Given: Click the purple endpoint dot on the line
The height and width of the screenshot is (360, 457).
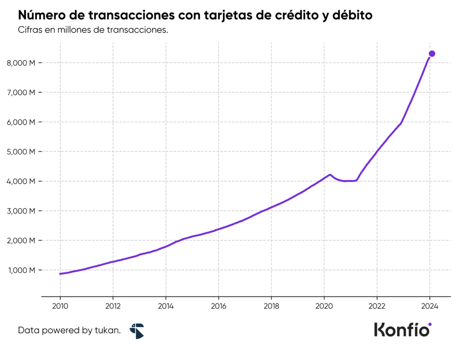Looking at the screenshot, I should click(x=432, y=54).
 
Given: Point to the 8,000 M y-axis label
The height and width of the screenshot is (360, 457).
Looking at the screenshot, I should click(x=21, y=63).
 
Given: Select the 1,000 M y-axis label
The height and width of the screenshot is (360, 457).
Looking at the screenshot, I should click(x=21, y=270).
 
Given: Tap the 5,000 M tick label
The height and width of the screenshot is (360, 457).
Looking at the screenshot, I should click(x=21, y=152).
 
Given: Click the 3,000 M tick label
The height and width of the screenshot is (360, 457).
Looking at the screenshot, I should click(x=21, y=211).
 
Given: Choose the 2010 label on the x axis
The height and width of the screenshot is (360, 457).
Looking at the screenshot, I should click(x=60, y=306).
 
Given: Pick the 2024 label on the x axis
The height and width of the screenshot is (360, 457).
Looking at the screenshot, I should click(x=429, y=306).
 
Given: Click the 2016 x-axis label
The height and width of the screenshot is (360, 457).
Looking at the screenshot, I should click(x=219, y=306).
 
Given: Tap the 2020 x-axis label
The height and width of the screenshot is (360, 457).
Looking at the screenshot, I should click(x=324, y=306).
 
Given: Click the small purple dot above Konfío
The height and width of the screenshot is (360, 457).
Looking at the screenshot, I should click(x=430, y=324).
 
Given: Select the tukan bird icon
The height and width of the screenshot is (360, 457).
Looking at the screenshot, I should click(x=137, y=331).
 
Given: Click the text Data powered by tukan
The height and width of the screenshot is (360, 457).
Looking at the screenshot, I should click(x=69, y=331).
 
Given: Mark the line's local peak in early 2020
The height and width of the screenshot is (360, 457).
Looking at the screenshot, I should click(x=330, y=175).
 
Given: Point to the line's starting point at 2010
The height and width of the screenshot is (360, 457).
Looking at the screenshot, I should click(x=60, y=274).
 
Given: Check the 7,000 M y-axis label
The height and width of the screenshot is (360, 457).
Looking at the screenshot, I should click(x=21, y=92).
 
